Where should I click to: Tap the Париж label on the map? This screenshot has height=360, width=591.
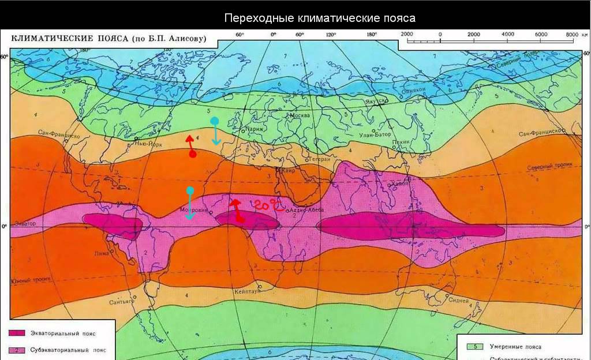(x=254, y=129)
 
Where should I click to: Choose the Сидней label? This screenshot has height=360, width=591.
(x=458, y=301)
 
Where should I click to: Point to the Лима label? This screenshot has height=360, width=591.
(x=103, y=253)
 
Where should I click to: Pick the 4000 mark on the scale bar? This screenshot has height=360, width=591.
(x=507, y=35)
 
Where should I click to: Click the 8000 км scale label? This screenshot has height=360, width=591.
(x=575, y=35)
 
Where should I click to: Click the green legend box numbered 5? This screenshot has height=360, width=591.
(x=473, y=347)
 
